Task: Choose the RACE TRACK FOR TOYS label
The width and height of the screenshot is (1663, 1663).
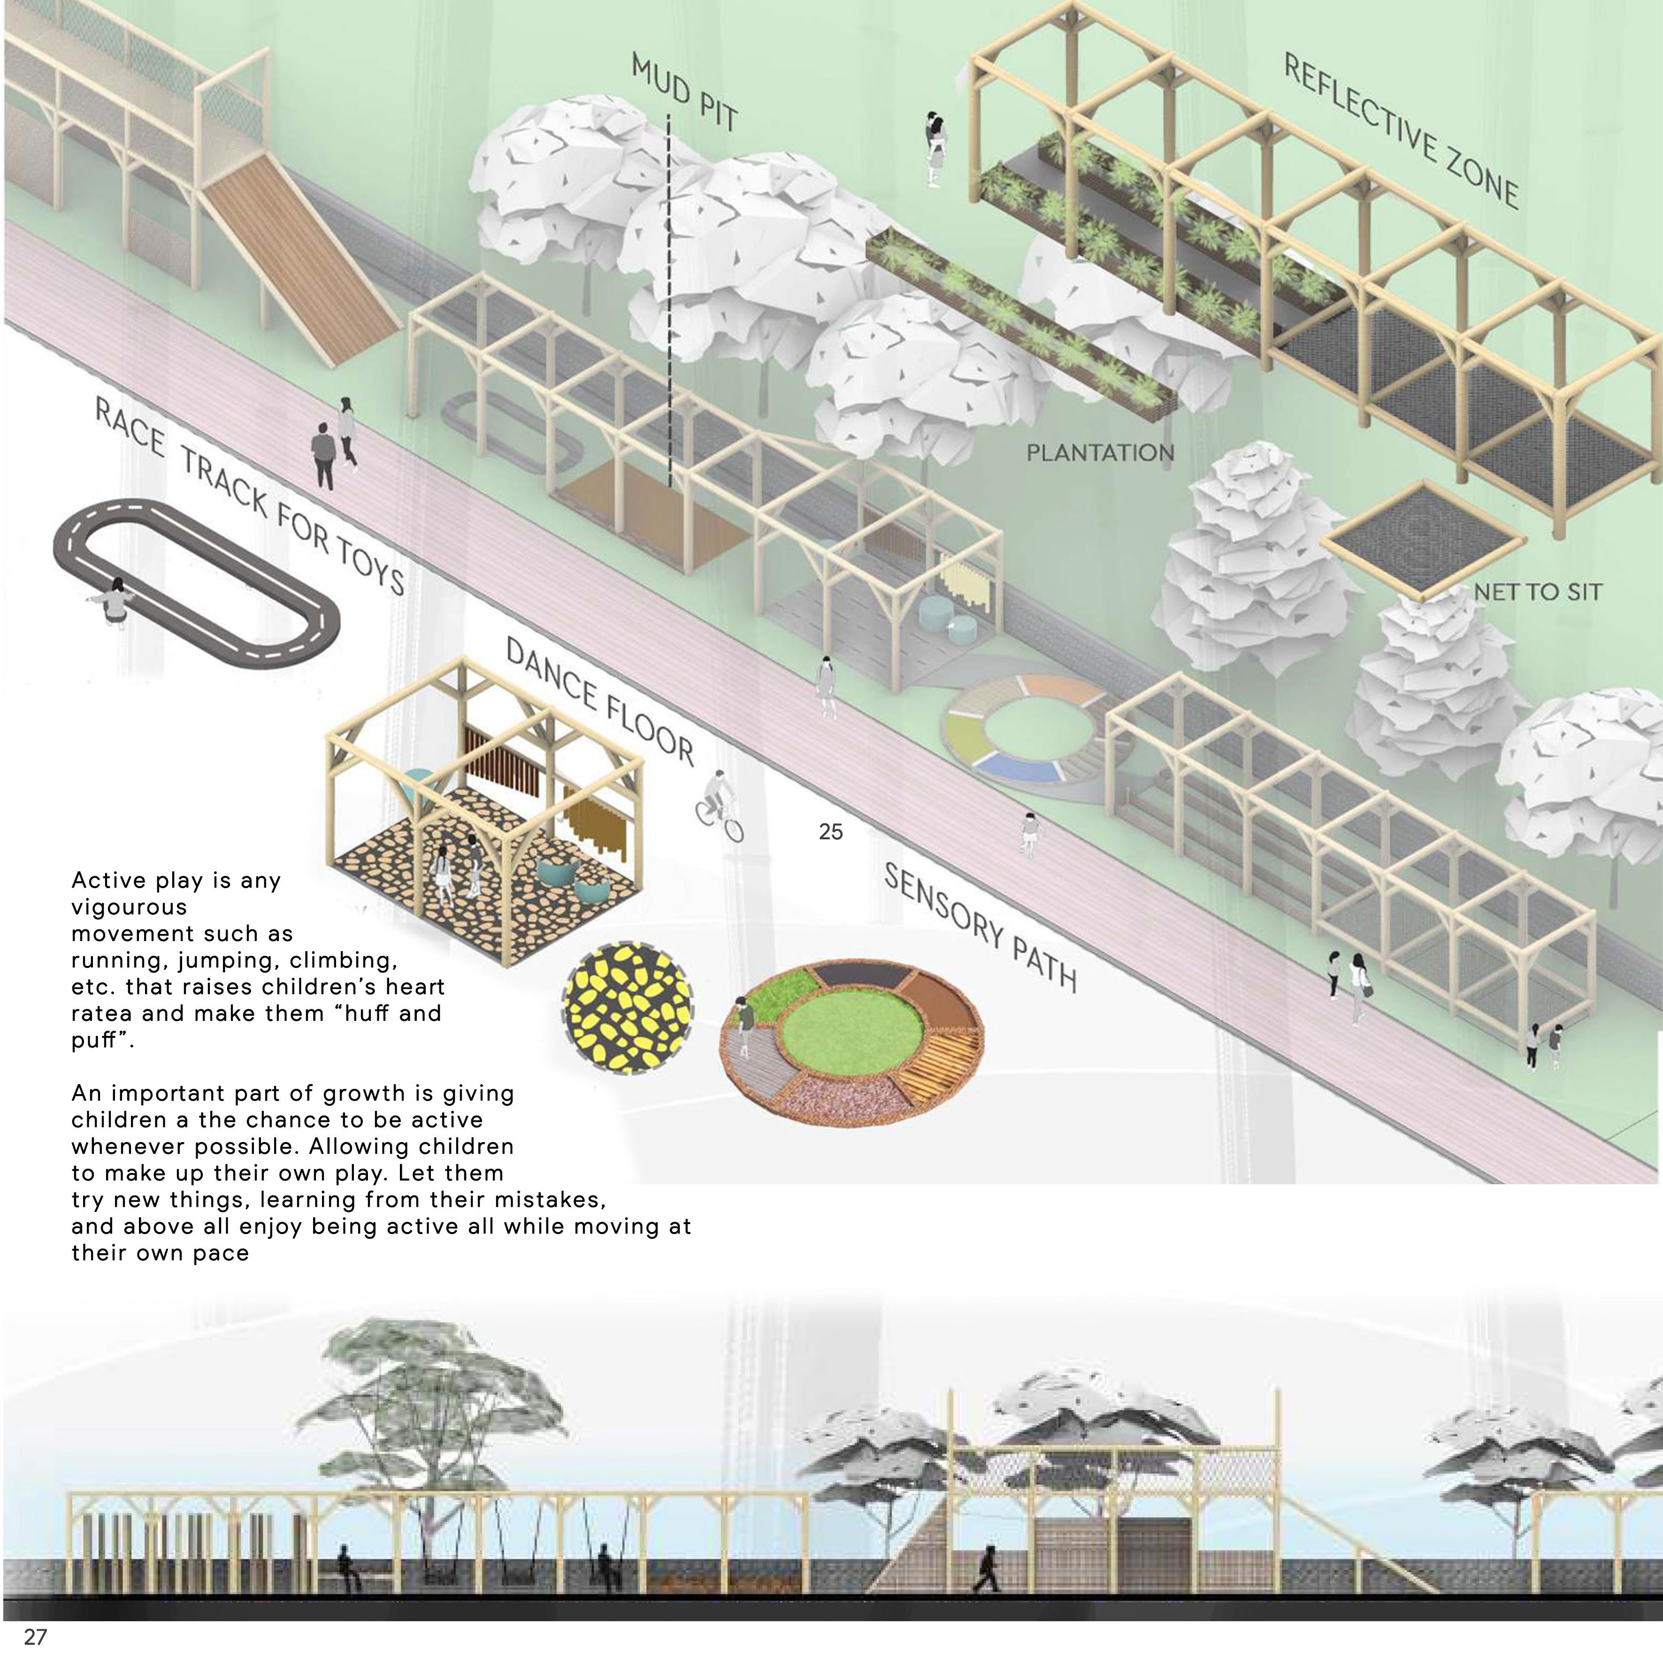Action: coord(250,498)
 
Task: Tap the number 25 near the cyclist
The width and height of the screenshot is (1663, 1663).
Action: coord(831,832)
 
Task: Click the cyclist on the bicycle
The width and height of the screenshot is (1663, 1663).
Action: coord(718,805)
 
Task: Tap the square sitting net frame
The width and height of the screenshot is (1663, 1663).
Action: coord(1423,540)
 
